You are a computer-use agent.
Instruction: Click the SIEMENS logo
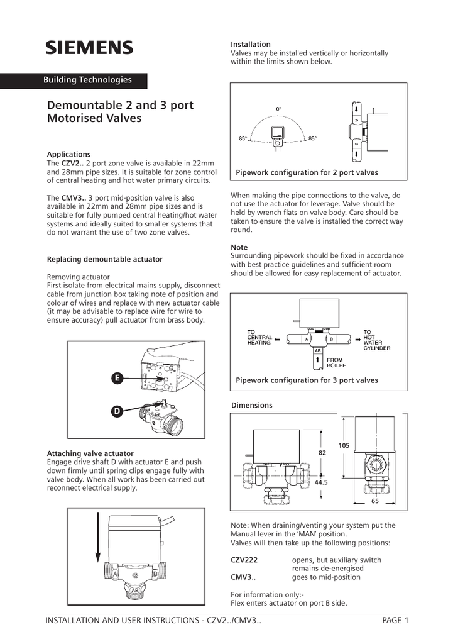pos(89,48)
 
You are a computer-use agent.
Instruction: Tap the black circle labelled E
pos(117,378)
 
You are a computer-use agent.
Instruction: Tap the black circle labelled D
pos(117,411)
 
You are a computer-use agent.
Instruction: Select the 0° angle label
pos(279,109)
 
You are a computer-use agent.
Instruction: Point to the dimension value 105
pos(344,445)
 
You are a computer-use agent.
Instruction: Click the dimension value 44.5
pos(322,482)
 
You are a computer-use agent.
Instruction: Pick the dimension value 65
pos(375,502)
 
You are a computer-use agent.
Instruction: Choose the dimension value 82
pos(322,453)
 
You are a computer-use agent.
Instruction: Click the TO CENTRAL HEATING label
pos(259,338)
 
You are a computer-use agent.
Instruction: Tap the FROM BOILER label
pos(336,362)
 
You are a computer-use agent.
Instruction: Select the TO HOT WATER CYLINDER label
pos(376,340)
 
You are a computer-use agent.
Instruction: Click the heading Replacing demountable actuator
pos(104,259)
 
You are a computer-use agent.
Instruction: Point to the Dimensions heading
pos(252,405)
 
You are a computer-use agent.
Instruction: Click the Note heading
pos(239,247)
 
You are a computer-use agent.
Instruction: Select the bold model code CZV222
pos(244,560)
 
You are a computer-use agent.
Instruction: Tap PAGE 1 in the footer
pos(395,621)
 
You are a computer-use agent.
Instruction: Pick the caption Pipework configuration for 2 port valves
pos(307,172)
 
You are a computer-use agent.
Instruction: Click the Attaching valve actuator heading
pos(90,453)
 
